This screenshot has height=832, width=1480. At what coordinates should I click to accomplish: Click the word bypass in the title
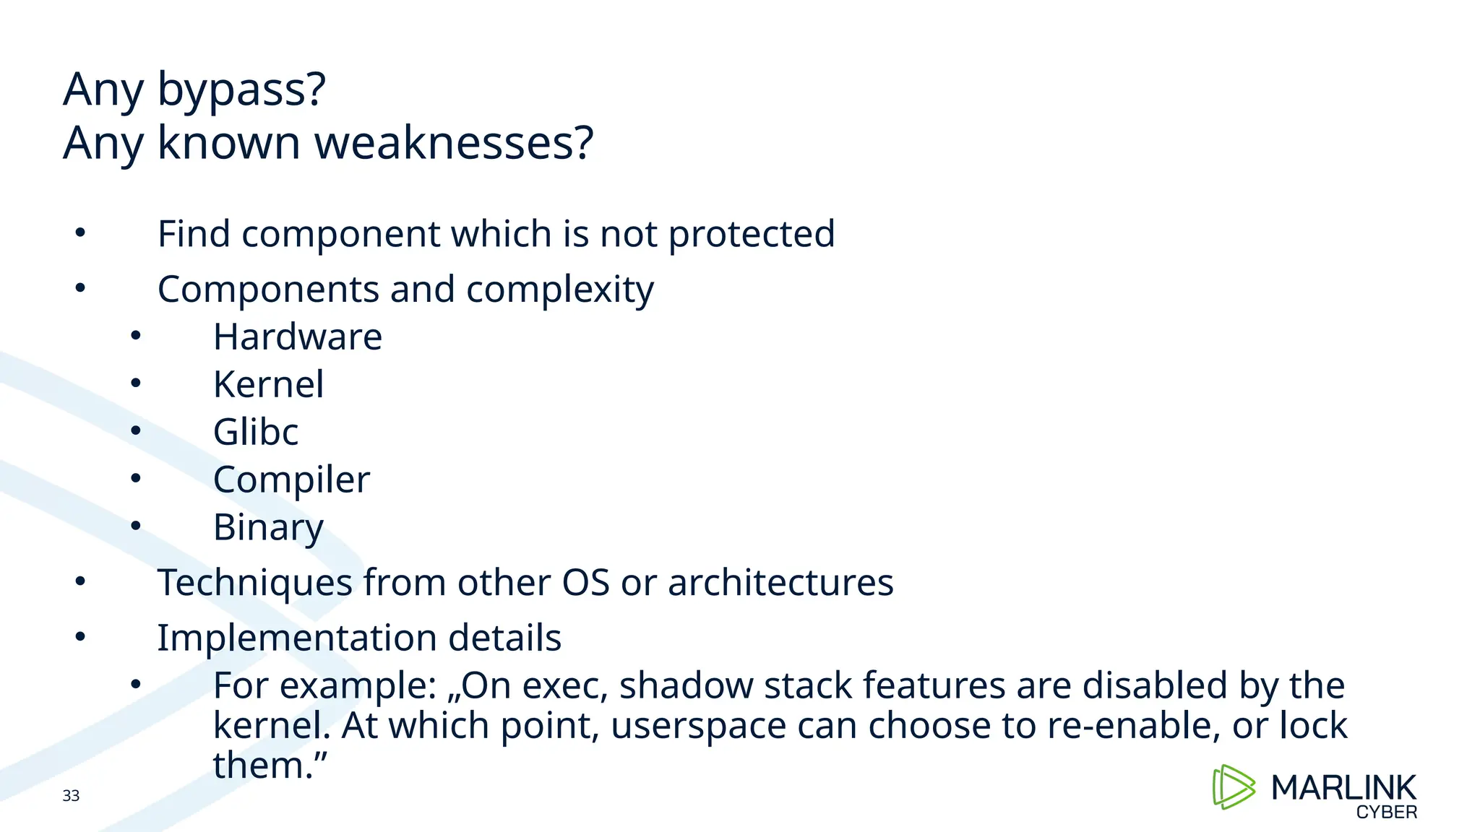pyautogui.click(x=241, y=91)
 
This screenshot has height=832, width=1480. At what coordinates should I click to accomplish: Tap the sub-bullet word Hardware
pyautogui.click(x=297, y=337)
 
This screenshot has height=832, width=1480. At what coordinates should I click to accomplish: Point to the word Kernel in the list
pyautogui.click(x=268, y=385)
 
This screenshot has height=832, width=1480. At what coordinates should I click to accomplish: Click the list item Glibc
pyautogui.click(x=255, y=433)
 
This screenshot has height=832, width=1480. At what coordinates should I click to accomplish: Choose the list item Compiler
pyautogui.click(x=291, y=480)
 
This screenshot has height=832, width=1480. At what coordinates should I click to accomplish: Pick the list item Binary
pyautogui.click(x=268, y=528)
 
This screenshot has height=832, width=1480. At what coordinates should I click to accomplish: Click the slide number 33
pyautogui.click(x=71, y=796)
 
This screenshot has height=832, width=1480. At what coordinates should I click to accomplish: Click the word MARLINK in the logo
pyautogui.click(x=1343, y=788)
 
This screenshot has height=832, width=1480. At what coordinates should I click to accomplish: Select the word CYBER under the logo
pyautogui.click(x=1386, y=812)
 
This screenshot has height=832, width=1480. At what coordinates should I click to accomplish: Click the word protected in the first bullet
pyautogui.click(x=751, y=235)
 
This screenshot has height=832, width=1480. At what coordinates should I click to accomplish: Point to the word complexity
pyautogui.click(x=559, y=290)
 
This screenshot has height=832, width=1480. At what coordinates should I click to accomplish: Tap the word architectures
pyautogui.click(x=780, y=583)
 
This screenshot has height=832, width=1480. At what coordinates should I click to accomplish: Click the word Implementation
pyautogui.click(x=296, y=638)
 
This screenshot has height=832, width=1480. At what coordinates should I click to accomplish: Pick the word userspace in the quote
pyautogui.click(x=698, y=726)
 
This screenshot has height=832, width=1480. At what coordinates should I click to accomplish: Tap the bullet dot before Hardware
pyautogui.click(x=136, y=336)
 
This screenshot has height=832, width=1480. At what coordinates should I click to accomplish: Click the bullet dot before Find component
pyautogui.click(x=80, y=233)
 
